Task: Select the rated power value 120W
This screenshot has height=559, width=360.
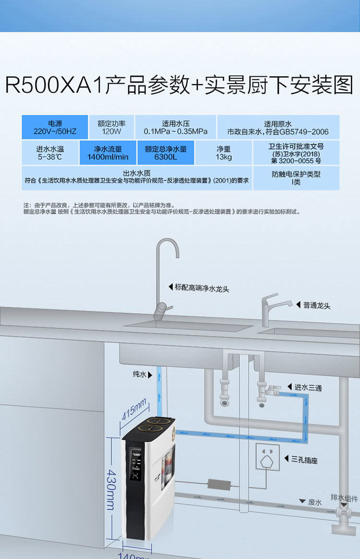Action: (x=111, y=131)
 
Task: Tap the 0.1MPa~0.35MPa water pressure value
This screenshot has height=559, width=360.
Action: (x=176, y=131)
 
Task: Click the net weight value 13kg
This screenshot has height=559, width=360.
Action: (x=224, y=157)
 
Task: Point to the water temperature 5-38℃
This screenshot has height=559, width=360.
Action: (x=50, y=157)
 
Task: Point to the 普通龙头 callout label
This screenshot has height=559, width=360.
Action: (x=317, y=305)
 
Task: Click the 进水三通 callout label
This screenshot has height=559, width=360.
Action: (x=308, y=388)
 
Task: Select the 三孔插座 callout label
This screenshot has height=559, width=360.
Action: (x=304, y=460)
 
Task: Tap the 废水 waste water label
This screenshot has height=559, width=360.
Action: (x=315, y=502)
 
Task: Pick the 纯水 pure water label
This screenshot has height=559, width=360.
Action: (x=140, y=374)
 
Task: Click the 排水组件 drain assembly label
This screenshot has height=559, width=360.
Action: (x=344, y=498)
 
